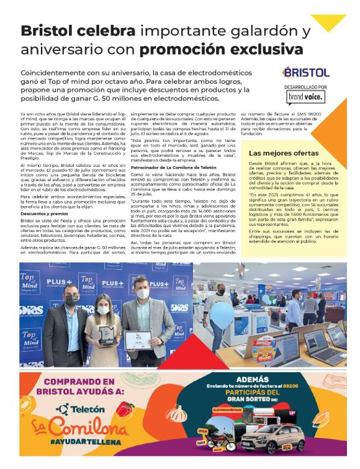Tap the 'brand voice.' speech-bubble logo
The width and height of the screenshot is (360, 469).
click(x=305, y=97)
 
